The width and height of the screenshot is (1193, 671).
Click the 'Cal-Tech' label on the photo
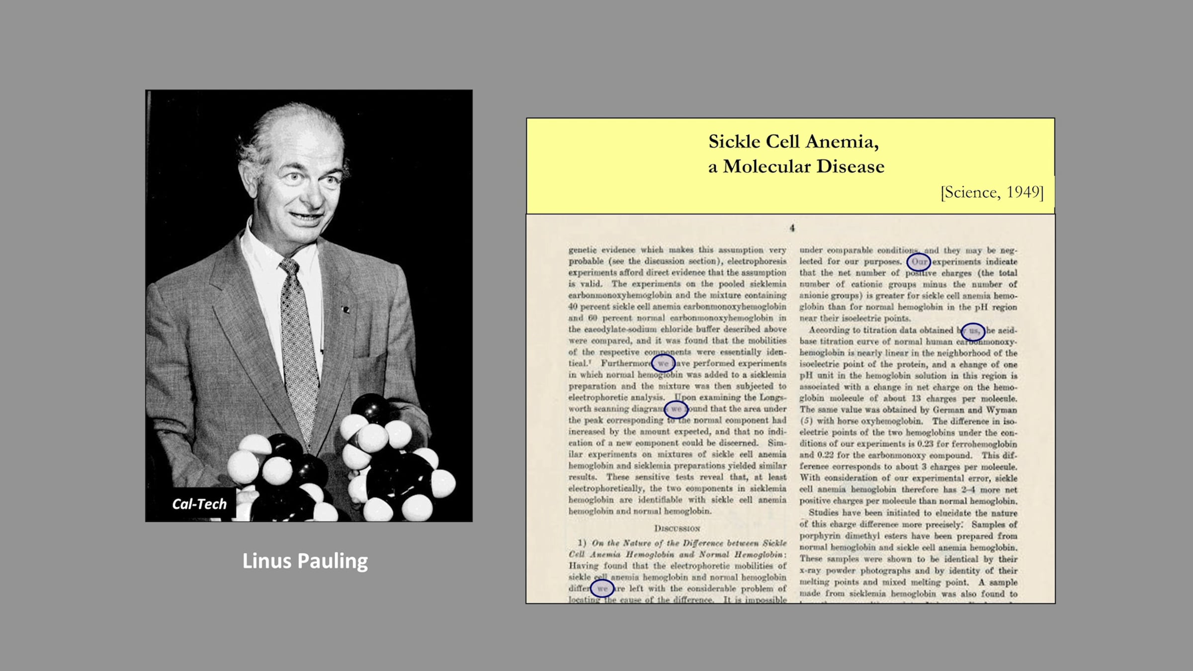pos(199,504)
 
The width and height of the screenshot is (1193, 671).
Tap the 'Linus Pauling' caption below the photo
pos(305,561)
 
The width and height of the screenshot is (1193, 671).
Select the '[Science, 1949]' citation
pos(992,192)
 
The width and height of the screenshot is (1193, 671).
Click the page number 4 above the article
pos(792,228)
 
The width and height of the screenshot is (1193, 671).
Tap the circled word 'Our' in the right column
pos(919,262)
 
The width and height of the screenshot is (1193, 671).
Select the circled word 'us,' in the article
pos(973,331)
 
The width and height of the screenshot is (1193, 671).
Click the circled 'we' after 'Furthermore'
pos(663,363)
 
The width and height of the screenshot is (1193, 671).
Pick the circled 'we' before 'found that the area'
pos(676,409)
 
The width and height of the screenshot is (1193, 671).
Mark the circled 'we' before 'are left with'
pos(602,588)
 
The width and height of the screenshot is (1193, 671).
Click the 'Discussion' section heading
pos(677,528)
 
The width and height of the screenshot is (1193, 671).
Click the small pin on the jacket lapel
pos(346,310)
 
